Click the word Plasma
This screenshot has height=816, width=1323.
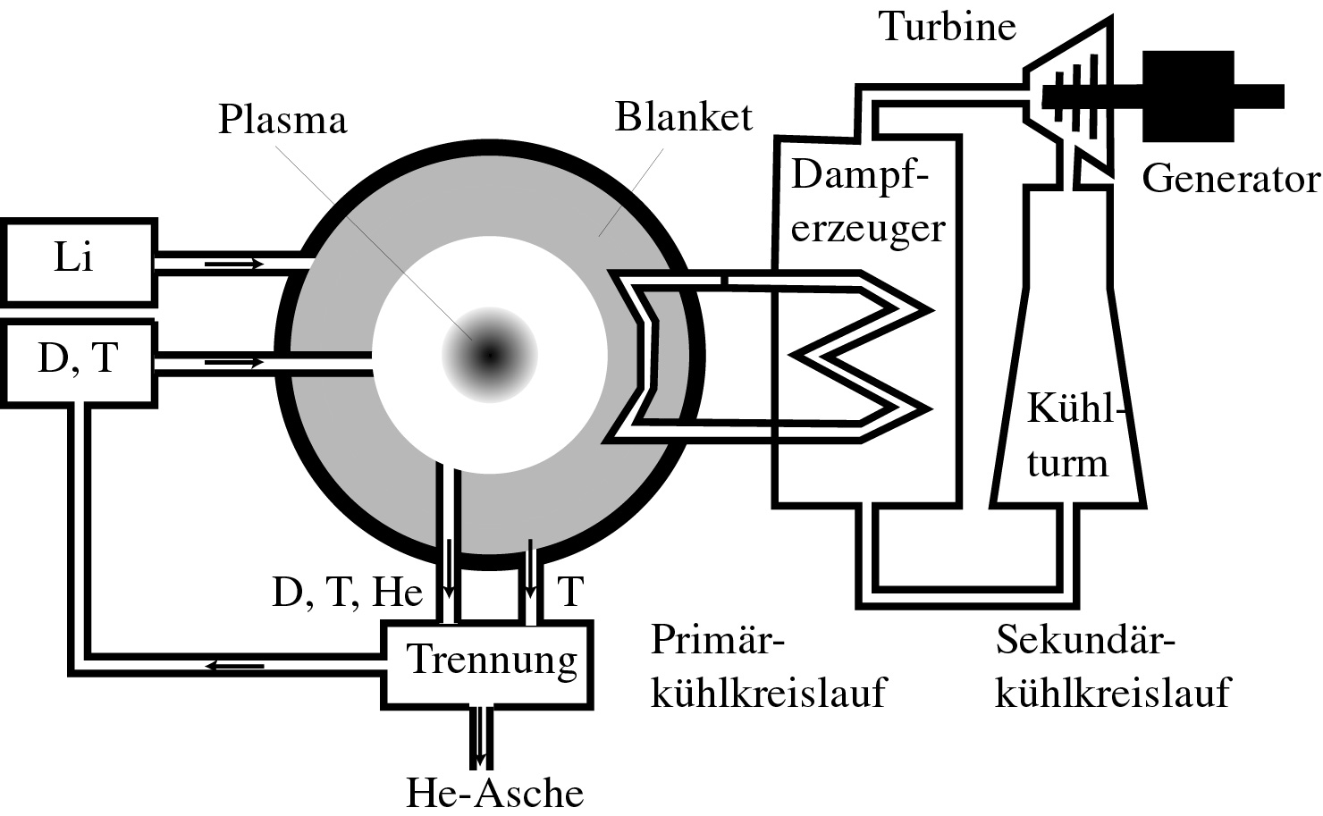[282, 120]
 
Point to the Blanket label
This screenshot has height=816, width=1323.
[684, 117]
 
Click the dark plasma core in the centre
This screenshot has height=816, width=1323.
[489, 356]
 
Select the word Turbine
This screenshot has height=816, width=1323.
[948, 26]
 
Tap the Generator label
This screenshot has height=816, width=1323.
[1231, 179]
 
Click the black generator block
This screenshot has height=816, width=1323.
[1187, 97]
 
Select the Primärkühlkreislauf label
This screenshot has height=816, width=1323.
[768, 667]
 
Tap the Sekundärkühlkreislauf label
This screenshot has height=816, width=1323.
[1112, 667]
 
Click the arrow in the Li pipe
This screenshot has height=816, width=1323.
[234, 264]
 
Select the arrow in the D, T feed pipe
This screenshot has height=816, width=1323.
[234, 362]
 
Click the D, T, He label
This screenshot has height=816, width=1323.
[347, 592]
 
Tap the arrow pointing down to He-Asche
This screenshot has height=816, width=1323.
[482, 738]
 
